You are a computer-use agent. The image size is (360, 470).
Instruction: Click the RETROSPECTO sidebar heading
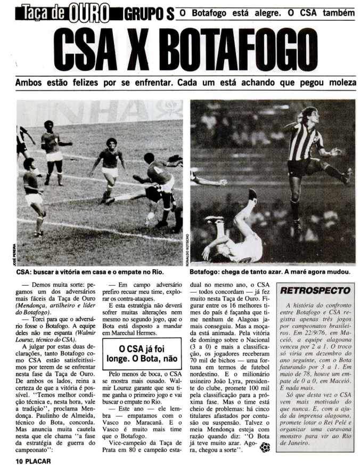(x=315, y=291)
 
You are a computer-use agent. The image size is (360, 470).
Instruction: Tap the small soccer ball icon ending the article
(x=265, y=448)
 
